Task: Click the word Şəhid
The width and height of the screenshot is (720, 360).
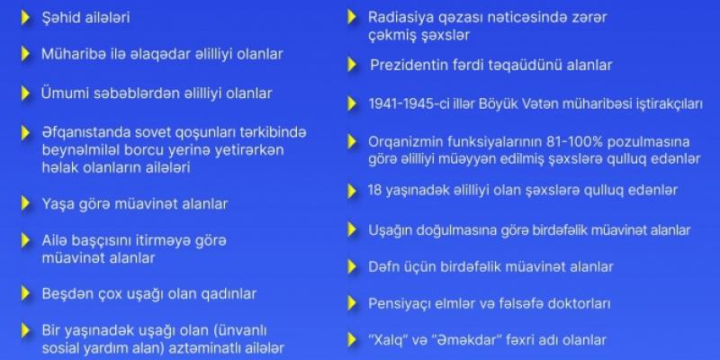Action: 62,17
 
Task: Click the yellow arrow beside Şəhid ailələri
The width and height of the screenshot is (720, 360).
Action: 25,17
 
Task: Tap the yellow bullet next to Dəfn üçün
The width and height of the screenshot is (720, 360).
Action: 353,266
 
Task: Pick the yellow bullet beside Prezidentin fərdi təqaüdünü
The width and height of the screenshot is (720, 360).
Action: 353,65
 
